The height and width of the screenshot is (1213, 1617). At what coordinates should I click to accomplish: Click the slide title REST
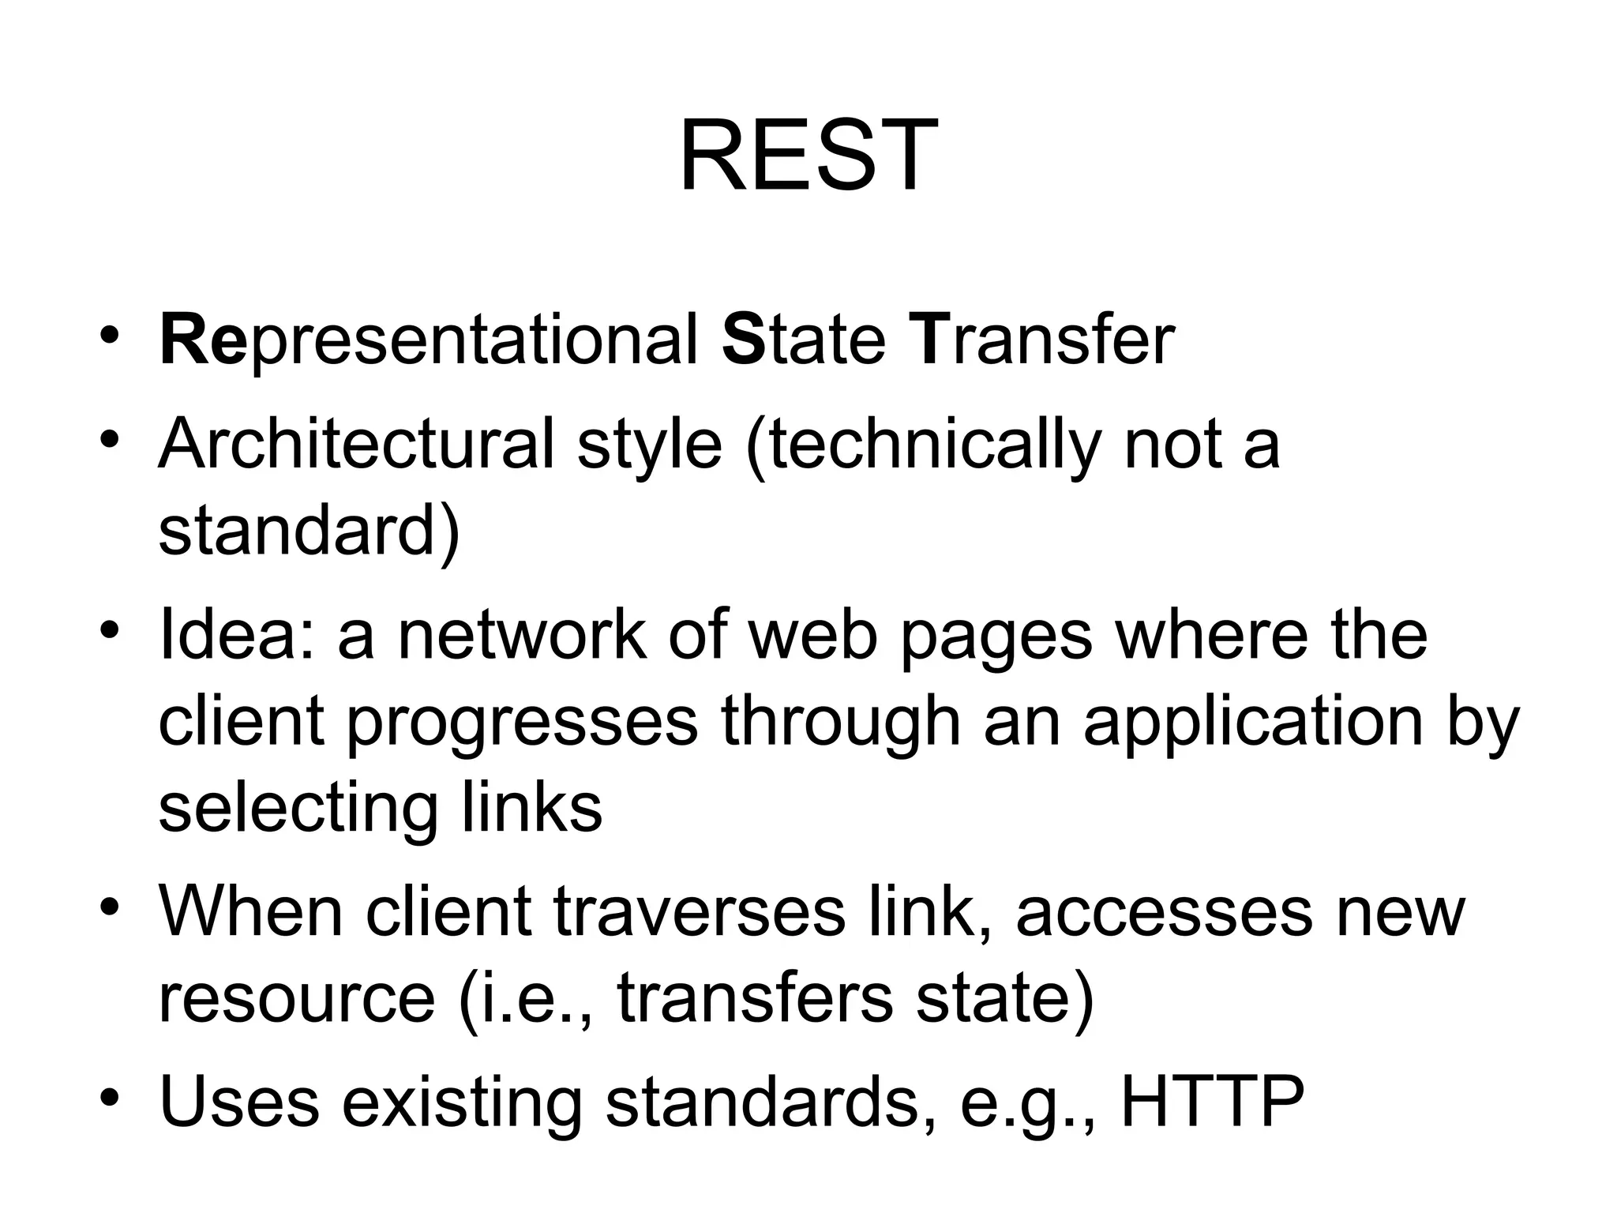tap(808, 156)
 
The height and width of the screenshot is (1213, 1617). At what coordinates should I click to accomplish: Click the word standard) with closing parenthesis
tap(309, 530)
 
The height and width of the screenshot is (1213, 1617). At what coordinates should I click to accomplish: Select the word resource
tap(297, 999)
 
